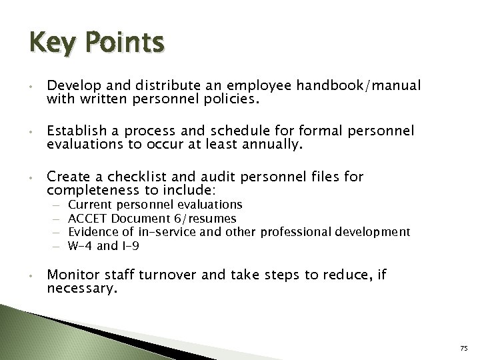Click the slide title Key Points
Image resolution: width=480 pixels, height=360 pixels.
tap(96, 43)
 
